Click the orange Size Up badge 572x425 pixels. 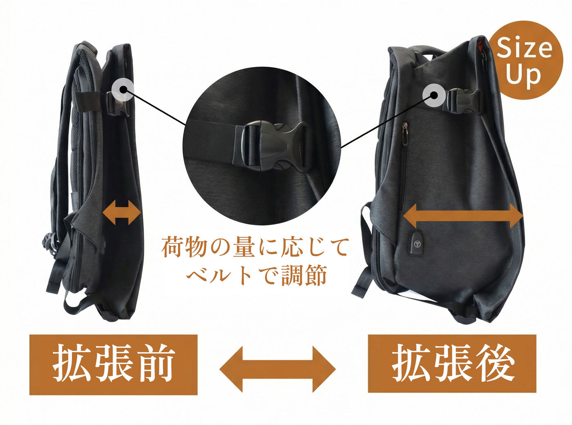[525, 60]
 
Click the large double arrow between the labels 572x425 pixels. [277, 369]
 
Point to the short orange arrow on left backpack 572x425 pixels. [122, 213]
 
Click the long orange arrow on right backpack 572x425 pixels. [463, 216]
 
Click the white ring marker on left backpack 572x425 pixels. [123, 90]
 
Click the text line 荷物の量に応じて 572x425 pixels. [255, 247]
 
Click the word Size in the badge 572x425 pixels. [524, 48]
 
